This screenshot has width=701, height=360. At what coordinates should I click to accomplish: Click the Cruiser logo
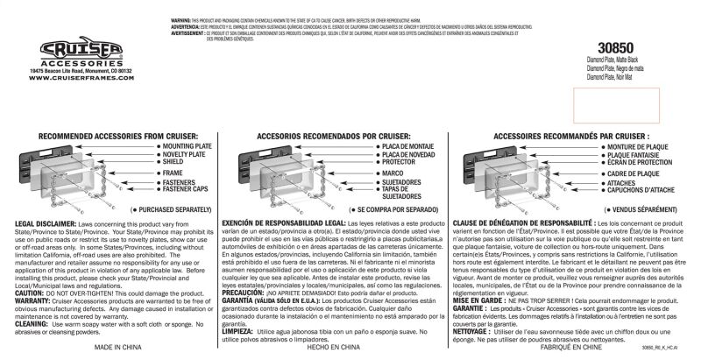[74, 49]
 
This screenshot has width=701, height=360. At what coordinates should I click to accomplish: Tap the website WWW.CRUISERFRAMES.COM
[74, 78]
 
